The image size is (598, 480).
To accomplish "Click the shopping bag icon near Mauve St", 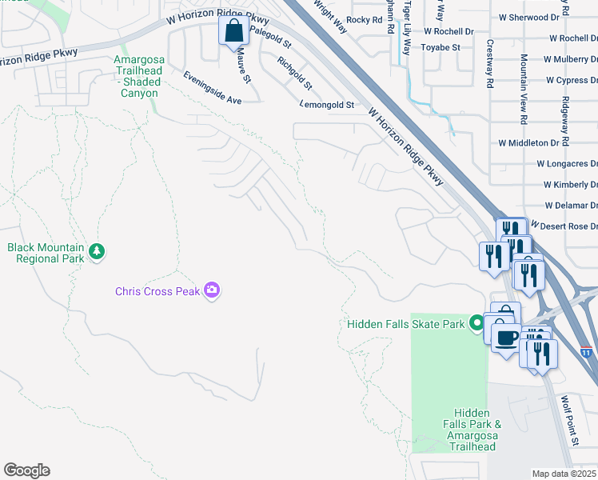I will [233, 32].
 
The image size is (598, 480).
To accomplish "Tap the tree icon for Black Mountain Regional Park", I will [97, 252].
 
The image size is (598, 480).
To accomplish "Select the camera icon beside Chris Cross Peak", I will [212, 290].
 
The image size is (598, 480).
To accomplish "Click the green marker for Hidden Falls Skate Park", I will [477, 323].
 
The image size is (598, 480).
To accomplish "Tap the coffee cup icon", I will [505, 338].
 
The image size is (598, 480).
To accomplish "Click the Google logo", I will [26, 470].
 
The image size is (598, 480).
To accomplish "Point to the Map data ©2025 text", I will [564, 474].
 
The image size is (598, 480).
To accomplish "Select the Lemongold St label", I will [327, 105].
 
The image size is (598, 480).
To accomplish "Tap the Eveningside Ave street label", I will [212, 89].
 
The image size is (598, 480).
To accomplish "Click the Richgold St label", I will [294, 73].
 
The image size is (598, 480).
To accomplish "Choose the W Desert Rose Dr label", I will [564, 226].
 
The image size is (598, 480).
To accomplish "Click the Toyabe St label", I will [441, 48].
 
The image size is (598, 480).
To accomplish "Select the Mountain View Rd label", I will [524, 89].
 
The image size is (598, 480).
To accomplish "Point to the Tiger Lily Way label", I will [407, 27].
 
